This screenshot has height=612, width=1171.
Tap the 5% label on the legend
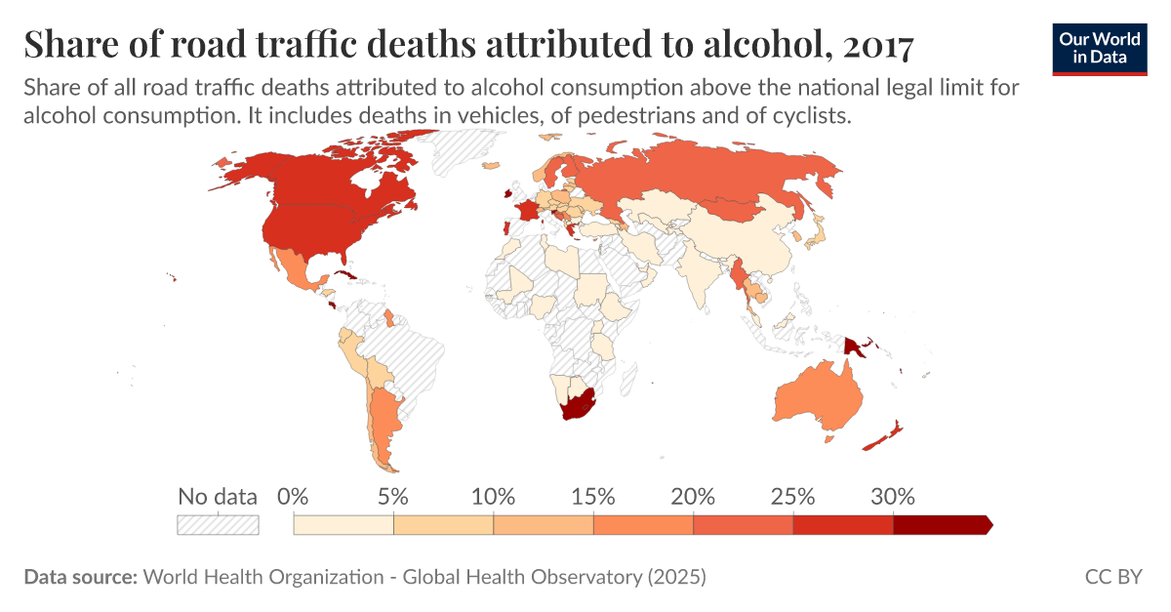392,496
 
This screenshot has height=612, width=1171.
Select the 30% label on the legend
893,496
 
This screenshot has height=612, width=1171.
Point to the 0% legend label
293,496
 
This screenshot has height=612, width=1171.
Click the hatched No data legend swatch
218,525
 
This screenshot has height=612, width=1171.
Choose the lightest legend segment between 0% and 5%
343,525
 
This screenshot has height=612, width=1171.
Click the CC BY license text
1112,577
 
